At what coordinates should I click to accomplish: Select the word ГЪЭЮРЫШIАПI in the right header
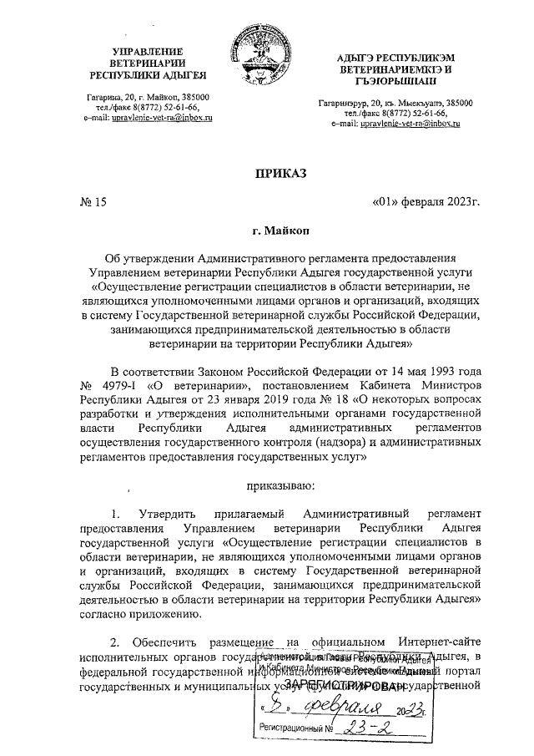point(390,82)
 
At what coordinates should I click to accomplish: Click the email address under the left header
point(157,119)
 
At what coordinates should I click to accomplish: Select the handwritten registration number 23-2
point(370,730)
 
